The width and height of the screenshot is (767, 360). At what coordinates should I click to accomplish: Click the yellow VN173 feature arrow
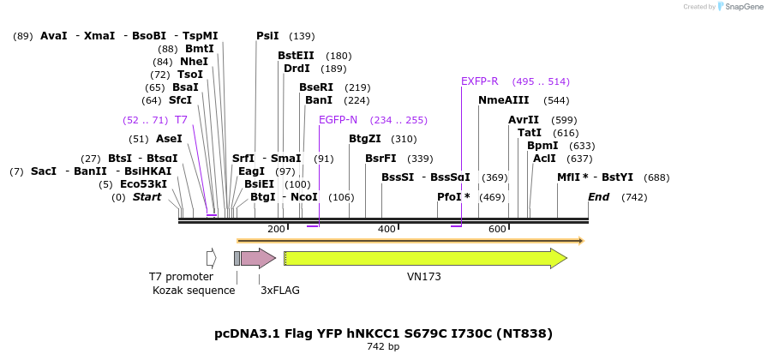pos(424,258)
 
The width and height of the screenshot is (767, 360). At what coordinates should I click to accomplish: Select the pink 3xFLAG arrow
pos(257,258)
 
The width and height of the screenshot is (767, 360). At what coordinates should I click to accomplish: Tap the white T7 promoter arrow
pos(211,258)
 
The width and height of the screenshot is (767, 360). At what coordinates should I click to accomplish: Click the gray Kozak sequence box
pos(237,258)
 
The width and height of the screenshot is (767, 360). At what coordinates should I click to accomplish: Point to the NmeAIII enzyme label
pos(504,100)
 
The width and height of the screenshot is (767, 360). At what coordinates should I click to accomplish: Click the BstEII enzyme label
pos(296,56)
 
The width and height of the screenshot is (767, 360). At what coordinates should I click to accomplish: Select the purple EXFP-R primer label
pos(479,81)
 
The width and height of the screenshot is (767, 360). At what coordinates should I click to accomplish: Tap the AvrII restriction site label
pos(524,120)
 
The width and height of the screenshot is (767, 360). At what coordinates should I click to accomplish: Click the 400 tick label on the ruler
pos(386,230)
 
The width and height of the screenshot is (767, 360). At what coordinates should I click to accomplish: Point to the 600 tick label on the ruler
pos(497,230)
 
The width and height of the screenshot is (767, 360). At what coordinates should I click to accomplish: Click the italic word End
pos(598,197)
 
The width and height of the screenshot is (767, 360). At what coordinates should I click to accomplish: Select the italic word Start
pos(147,197)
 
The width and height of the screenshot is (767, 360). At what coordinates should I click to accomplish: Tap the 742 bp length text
pos(383,347)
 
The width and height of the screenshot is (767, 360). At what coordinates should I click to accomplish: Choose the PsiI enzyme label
pos(267,36)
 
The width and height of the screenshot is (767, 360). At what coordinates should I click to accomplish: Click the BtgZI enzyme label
pos(370,139)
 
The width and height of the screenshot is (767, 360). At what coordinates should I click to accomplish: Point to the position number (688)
pos(656,177)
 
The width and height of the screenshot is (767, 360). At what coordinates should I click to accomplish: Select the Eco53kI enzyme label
pos(144,184)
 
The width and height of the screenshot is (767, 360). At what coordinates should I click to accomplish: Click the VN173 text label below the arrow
pos(424,277)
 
